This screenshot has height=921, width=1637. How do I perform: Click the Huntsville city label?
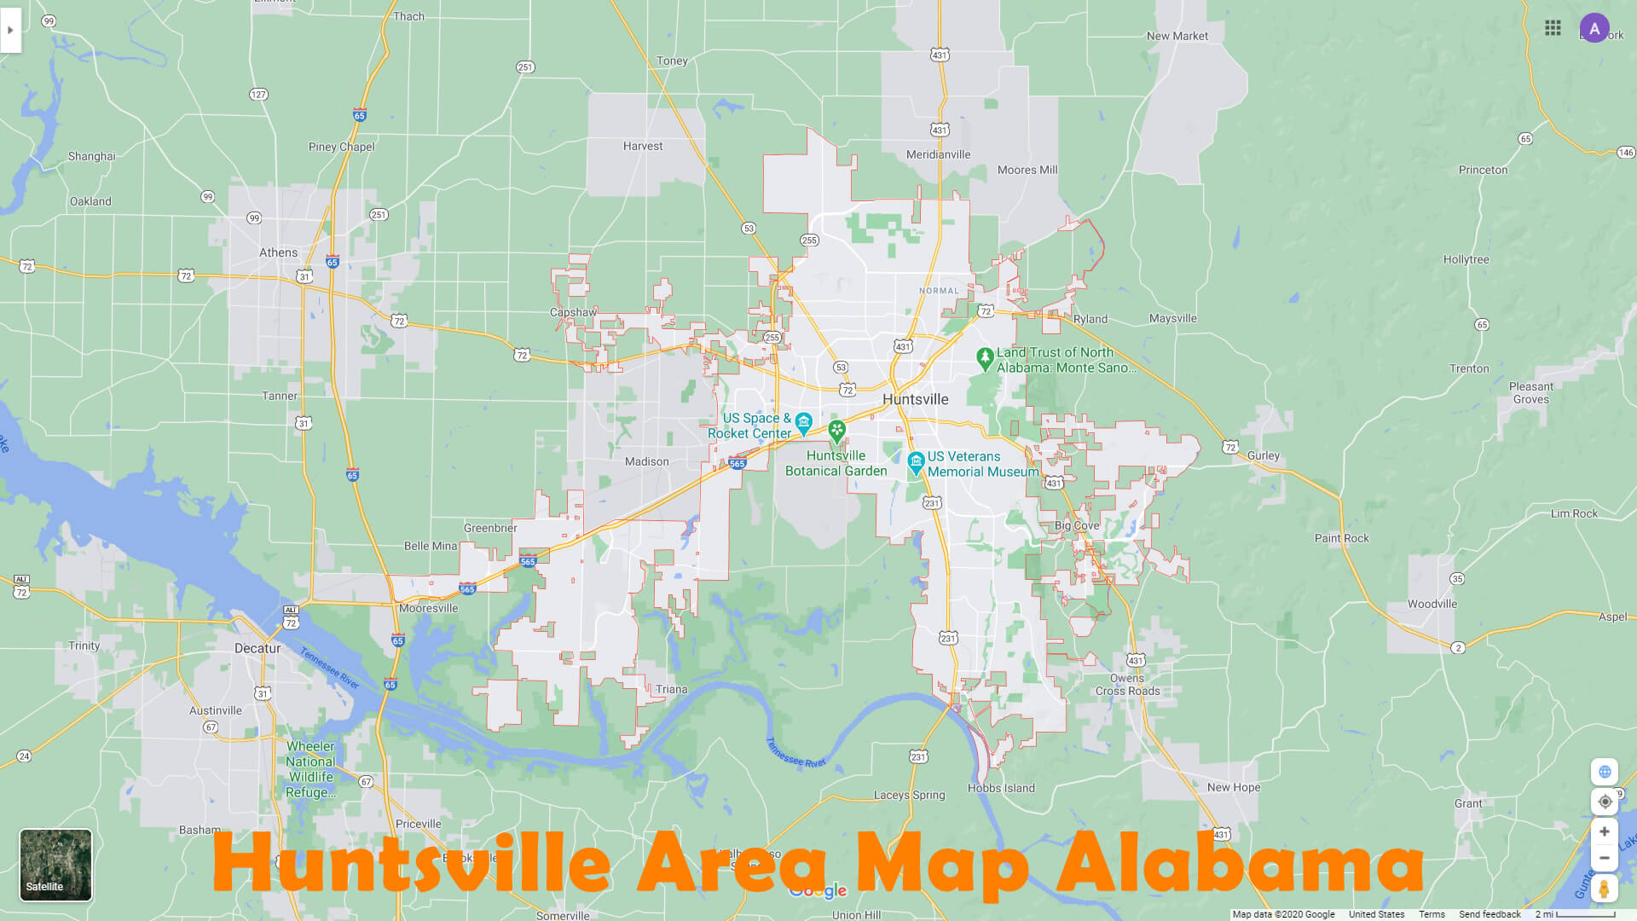click(915, 399)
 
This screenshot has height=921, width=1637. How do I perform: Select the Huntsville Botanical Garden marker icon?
click(836, 431)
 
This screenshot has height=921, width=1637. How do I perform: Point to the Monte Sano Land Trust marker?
click(985, 358)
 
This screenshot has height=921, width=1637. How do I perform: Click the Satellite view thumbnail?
click(55, 865)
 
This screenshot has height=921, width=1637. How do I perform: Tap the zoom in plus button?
click(1604, 831)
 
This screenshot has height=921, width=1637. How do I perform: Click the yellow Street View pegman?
click(1604, 889)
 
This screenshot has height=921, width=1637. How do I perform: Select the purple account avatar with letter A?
click(1594, 28)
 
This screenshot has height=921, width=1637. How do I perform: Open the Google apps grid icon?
click(1553, 28)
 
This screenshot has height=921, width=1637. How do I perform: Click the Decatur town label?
click(257, 648)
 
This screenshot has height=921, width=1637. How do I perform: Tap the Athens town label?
click(279, 252)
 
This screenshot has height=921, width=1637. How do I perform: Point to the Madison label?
click(646, 461)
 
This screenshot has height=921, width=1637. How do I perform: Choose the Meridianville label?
click(938, 154)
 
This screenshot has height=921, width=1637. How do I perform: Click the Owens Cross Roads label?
click(1127, 685)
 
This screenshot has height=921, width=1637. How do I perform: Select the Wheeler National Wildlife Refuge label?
click(310, 769)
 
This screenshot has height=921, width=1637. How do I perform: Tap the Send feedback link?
click(1489, 914)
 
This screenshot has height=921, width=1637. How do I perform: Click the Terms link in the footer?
click(1432, 914)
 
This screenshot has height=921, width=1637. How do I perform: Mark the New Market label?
click(1177, 36)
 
